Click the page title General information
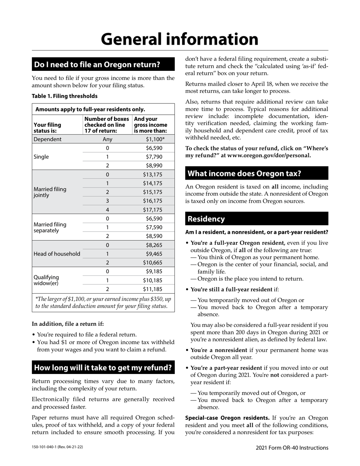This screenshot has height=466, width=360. click(x=180, y=39)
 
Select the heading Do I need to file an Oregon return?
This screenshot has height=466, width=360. click(x=97, y=64)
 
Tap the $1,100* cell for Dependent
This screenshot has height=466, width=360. click(x=155, y=139)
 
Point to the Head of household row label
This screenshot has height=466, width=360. click(x=57, y=254)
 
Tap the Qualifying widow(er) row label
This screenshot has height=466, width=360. click(x=46, y=280)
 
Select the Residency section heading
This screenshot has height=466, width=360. click(x=206, y=219)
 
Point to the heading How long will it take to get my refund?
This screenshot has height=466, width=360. click(x=103, y=367)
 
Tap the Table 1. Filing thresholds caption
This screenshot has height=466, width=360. click(x=64, y=96)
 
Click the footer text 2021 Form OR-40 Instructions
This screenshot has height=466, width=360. click(x=292, y=448)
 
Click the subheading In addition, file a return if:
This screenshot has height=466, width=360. click(x=68, y=324)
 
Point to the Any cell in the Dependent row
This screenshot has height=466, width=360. click(x=107, y=139)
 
